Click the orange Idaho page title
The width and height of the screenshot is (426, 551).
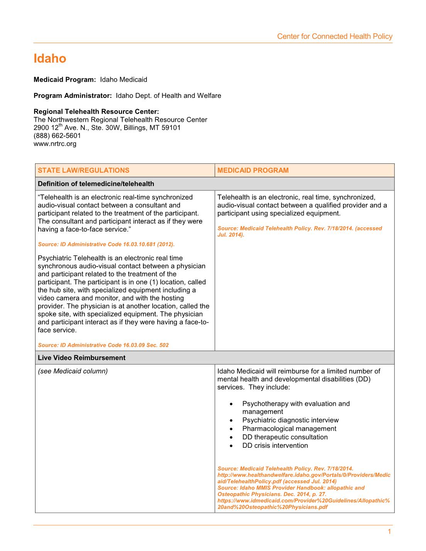tap(50, 59)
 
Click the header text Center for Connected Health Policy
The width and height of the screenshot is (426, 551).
tap(335, 37)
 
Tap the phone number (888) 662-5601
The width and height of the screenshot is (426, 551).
tap(57, 136)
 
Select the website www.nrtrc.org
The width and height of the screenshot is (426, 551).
tap(55, 144)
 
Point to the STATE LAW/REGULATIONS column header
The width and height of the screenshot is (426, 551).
tap(84, 170)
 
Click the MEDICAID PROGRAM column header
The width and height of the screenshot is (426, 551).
tap(253, 170)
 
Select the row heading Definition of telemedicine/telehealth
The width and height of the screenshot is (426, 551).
tap(96, 184)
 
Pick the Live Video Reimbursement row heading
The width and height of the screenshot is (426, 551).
tap(82, 358)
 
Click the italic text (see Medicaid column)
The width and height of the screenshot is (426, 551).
tap(73, 371)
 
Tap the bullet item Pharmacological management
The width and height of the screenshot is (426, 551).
tap(289, 428)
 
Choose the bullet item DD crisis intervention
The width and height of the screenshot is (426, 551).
tap(275, 445)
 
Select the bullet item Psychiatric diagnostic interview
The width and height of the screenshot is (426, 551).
tap(290, 420)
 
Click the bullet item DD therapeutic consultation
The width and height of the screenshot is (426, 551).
tap(285, 437)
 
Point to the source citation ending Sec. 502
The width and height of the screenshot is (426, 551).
tap(103, 345)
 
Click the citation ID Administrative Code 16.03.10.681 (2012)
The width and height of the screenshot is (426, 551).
tap(106, 244)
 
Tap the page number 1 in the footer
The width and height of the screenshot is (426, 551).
tap(389, 532)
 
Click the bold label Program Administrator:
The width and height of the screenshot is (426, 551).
tap(73, 96)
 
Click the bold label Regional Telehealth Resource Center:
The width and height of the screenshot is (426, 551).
tap(96, 112)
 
